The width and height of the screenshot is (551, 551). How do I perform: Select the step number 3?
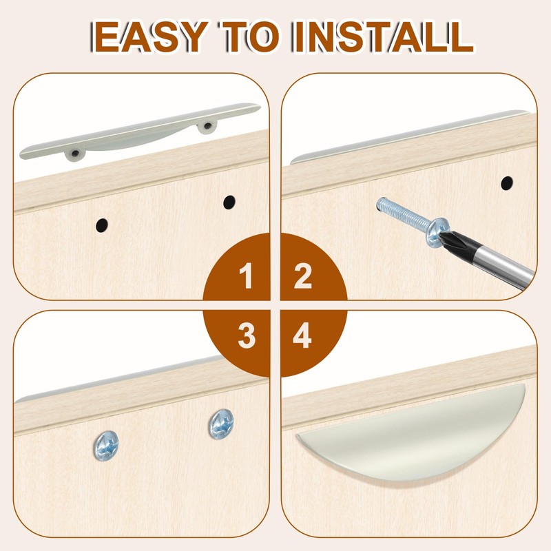(x=246, y=337)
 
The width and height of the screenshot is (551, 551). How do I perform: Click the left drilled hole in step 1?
(x=101, y=224)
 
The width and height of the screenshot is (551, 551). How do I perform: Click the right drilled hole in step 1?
(x=229, y=202)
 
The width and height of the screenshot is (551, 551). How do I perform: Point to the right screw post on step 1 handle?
(x=205, y=126)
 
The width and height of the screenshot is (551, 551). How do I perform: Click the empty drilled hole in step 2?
(x=506, y=183)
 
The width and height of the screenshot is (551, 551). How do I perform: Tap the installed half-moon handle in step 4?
(x=420, y=441)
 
